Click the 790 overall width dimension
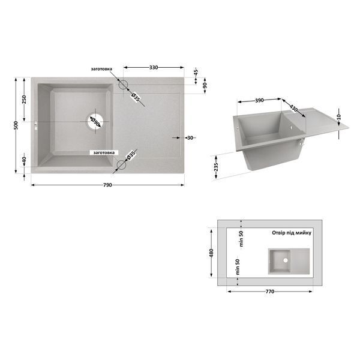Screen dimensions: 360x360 (x=107, y=185)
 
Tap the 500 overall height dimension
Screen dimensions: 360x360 (x=16, y=125)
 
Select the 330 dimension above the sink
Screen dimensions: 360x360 (x=154, y=67)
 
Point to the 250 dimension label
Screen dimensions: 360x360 (x=24, y=100)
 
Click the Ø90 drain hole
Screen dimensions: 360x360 (x=95, y=121)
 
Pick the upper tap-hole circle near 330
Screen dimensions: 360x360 (x=123, y=85)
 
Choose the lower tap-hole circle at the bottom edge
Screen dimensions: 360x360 (x=121, y=165)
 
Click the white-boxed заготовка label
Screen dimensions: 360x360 (x=104, y=152)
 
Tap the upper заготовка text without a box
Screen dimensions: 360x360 (x=101, y=69)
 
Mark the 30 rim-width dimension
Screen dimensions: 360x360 (x=190, y=138)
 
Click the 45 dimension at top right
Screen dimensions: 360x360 (x=196, y=72)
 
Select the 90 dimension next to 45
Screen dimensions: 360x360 (x=205, y=85)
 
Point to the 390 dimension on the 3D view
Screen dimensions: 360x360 (x=259, y=100)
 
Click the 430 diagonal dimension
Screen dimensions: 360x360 (x=293, y=108)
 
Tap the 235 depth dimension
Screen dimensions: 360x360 (x=216, y=167)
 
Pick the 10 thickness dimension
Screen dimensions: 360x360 (x=339, y=117)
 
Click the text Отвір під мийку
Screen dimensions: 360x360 (x=292, y=233)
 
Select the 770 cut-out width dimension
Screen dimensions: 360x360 (x=270, y=292)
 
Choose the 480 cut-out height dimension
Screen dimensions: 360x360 (x=211, y=253)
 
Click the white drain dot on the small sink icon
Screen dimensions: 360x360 (x=286, y=260)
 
